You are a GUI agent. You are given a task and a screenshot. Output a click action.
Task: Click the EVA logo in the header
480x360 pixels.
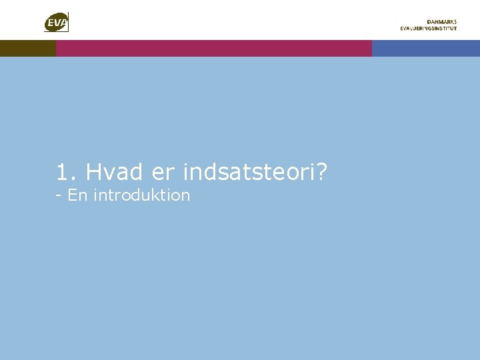(57, 22)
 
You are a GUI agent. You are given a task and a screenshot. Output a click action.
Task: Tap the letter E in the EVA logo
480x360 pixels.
(51, 25)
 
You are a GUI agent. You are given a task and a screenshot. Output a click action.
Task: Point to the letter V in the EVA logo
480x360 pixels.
(57, 25)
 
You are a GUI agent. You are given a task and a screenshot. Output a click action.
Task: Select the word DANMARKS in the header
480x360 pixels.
(442, 21)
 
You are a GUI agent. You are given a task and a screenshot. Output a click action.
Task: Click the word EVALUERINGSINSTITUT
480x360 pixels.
(429, 29)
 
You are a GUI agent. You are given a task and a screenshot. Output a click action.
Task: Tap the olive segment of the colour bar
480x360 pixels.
(27, 48)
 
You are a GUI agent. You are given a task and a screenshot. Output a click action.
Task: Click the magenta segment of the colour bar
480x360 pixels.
(213, 48)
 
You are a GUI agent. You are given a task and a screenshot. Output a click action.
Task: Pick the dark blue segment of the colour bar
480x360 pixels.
(425, 48)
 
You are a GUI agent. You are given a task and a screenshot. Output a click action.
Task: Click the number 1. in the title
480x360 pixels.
(67, 173)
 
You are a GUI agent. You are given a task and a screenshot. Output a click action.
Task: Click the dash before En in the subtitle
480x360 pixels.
(59, 196)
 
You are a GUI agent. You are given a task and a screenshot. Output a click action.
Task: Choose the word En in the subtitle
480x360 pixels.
(78, 195)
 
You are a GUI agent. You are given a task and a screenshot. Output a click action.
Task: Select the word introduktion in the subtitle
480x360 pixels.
(142, 195)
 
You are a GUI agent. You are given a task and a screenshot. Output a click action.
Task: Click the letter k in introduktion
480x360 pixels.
(157, 195)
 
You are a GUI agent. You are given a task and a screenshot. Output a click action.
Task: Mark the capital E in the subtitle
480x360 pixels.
(73, 195)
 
